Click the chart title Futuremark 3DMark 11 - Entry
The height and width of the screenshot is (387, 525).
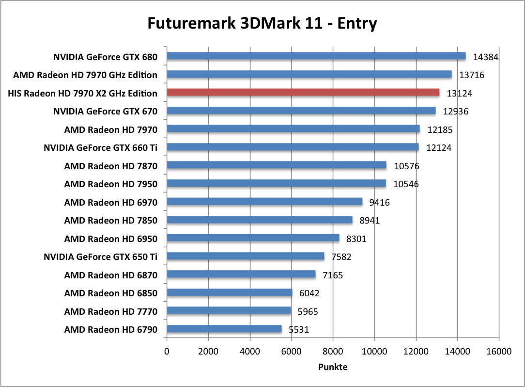coord(262,23)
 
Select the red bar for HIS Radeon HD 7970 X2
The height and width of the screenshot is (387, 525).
coord(303,93)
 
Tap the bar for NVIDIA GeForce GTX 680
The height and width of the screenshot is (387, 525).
coord(316,56)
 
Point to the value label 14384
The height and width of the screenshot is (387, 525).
coord(485,57)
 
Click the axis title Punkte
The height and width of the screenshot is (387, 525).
coord(332,367)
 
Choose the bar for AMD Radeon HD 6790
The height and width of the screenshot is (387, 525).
coord(224,329)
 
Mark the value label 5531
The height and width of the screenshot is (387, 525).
coord(299,330)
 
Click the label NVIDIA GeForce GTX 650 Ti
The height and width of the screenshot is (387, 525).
coord(100,257)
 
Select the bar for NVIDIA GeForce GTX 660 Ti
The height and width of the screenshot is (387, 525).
coord(293,147)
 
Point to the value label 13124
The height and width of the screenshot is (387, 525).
coord(459,93)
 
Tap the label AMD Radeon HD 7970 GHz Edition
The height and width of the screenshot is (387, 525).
coord(85,75)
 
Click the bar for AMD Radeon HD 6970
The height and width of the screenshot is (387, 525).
coord(264,202)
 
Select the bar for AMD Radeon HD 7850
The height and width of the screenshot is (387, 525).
coord(260,220)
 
